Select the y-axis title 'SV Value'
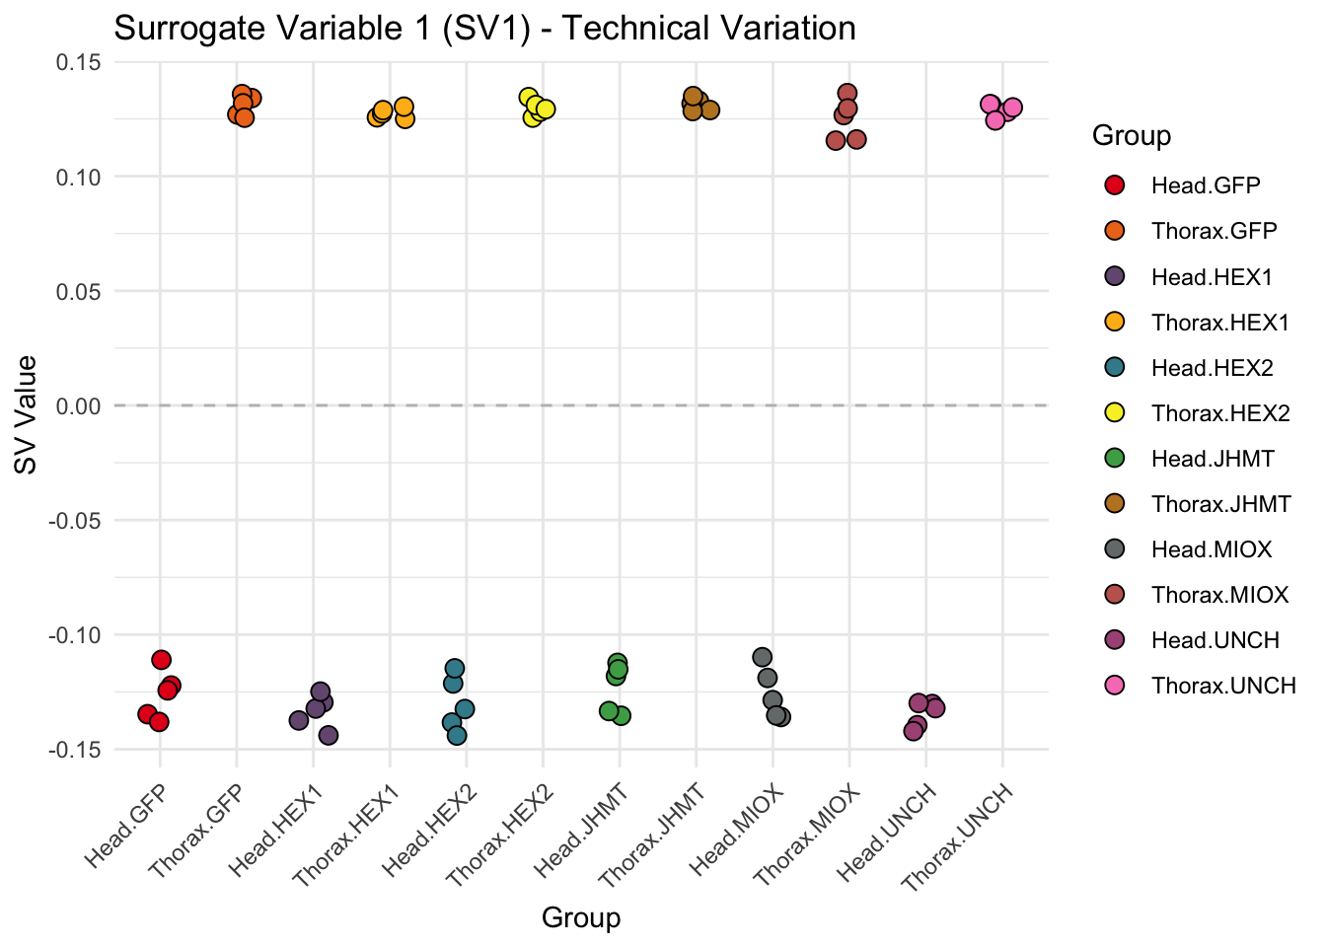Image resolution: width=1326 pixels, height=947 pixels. pyautogui.click(x=27, y=414)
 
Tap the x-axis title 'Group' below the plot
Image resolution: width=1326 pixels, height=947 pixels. pyautogui.click(x=581, y=917)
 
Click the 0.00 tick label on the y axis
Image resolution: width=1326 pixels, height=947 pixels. pyautogui.click(x=80, y=405)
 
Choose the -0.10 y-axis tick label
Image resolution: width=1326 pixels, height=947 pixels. pyautogui.click(x=77, y=634)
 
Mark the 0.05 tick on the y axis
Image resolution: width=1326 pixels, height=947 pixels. pyautogui.click(x=80, y=291)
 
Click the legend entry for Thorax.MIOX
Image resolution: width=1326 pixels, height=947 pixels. pyautogui.click(x=1219, y=595)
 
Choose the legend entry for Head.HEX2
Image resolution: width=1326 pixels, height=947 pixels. pyautogui.click(x=1212, y=368)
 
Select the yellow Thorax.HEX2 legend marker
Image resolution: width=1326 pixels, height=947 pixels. pyautogui.click(x=1115, y=413)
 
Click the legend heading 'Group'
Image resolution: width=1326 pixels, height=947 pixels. pyautogui.click(x=1132, y=136)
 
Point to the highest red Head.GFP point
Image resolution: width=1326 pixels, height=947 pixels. pyautogui.click(x=162, y=660)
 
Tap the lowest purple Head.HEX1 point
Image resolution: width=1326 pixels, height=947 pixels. pyautogui.click(x=329, y=735)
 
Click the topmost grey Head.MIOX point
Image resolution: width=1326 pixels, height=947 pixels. pyautogui.click(x=763, y=657)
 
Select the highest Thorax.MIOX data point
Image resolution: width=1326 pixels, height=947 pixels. pyautogui.click(x=847, y=94)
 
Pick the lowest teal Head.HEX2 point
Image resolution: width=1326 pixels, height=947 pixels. pyautogui.click(x=457, y=735)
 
